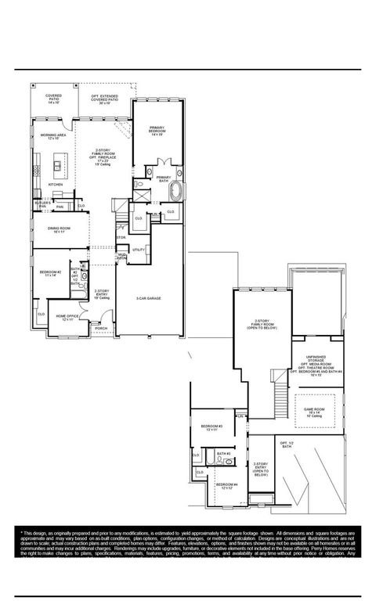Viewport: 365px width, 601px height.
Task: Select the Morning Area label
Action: point(52,136)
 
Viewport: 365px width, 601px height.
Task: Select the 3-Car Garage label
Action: point(148,298)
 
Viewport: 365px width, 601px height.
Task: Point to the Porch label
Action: point(101,328)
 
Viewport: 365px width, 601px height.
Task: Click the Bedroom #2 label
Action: point(51,273)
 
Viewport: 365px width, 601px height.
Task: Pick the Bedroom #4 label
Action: point(226,486)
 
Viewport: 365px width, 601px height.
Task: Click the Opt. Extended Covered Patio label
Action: point(104,100)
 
